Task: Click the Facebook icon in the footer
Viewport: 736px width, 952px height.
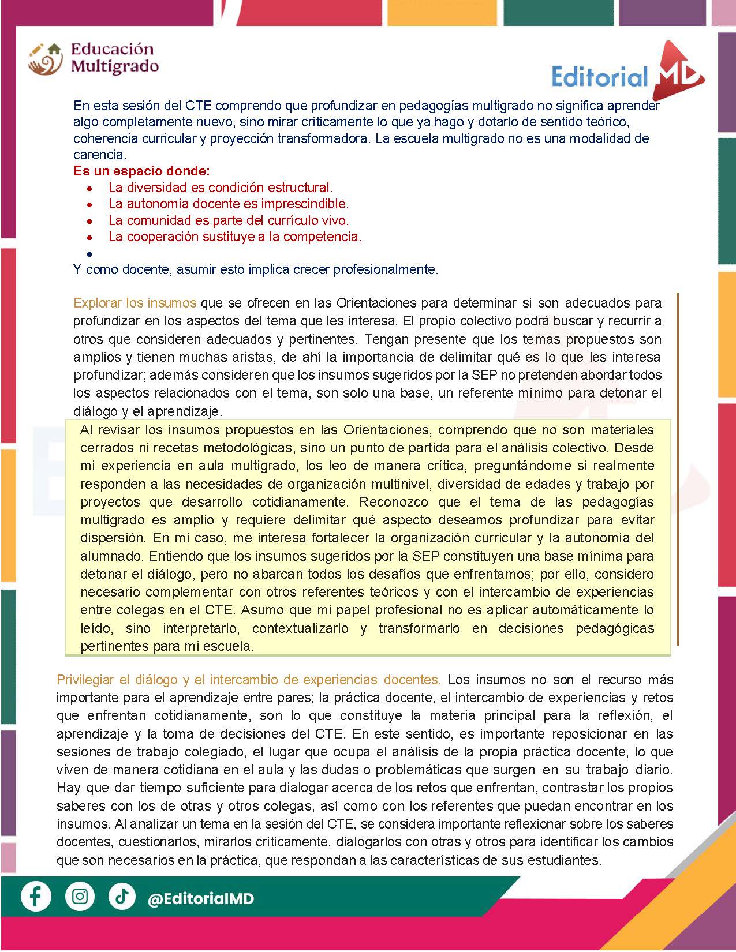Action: coord(36,897)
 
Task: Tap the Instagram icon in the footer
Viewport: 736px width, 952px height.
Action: coord(80,897)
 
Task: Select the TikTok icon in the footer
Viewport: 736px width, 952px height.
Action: coord(122,897)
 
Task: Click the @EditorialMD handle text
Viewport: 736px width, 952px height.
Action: coord(201,899)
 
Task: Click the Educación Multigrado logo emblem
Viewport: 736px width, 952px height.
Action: coord(44,59)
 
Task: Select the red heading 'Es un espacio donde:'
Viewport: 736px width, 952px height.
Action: coord(141,171)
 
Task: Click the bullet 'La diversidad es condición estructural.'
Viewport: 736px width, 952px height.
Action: coord(221,188)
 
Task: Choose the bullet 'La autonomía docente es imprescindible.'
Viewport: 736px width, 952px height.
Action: coord(229,204)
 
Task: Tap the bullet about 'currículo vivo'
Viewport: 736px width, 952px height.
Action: coord(229,220)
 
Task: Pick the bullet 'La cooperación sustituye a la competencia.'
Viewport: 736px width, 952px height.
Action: coord(235,237)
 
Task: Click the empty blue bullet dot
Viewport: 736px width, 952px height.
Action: coord(89,254)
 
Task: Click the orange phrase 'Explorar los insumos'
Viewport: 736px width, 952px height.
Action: coord(135,303)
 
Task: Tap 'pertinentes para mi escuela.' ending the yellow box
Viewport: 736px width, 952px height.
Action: coord(167,646)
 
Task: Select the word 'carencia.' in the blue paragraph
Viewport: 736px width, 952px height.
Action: coord(99,155)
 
